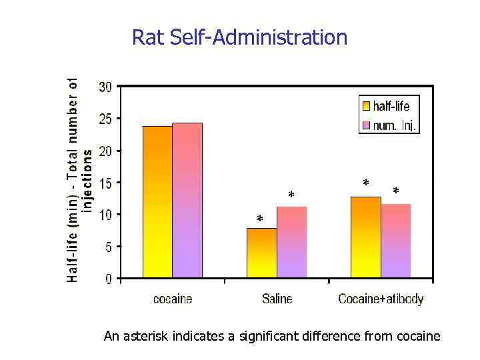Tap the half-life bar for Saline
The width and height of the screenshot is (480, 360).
(261, 253)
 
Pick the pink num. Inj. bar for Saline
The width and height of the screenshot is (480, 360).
(291, 242)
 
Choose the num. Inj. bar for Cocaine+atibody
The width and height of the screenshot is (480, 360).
(395, 241)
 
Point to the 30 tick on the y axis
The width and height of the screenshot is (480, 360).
(105, 87)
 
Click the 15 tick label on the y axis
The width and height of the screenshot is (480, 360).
(105, 183)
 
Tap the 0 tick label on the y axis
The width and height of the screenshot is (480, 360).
(109, 279)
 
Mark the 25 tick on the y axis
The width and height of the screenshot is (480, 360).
(105, 119)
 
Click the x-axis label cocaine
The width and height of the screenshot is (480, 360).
(173, 299)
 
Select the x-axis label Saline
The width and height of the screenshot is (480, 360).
(277, 299)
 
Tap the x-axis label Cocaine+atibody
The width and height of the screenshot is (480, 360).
(381, 299)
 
